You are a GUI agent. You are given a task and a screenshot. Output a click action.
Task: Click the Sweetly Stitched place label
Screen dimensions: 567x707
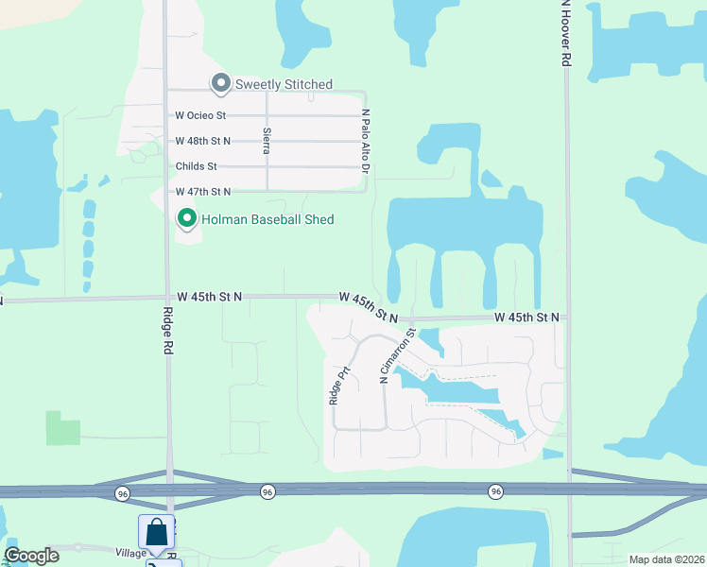[x=284, y=84]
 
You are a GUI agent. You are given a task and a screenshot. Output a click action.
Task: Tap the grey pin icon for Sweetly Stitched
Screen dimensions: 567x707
[x=221, y=84]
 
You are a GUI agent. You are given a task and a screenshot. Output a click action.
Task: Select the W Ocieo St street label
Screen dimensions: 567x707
[x=200, y=115]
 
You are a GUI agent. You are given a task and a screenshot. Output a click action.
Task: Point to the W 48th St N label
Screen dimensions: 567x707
[x=202, y=141]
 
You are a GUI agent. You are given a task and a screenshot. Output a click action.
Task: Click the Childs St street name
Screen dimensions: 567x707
[x=196, y=166]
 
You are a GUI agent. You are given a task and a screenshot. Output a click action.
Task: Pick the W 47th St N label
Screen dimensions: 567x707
[x=202, y=192]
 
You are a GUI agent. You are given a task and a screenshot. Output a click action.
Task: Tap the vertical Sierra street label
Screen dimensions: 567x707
[x=267, y=140]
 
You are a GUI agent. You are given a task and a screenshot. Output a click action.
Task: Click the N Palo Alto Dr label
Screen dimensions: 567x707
[x=365, y=142]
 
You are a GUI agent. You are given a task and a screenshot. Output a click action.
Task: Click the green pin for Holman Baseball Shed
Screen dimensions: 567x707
[x=187, y=219]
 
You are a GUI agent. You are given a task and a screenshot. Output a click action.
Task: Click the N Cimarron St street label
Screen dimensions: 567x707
[x=398, y=355]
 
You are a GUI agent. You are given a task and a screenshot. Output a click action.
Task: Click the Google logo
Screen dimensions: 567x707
[x=31, y=556]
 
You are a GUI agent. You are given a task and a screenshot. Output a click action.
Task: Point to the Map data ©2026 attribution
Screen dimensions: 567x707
[x=665, y=559]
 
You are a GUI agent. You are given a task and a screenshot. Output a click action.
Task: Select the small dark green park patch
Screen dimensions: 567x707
[x=63, y=428]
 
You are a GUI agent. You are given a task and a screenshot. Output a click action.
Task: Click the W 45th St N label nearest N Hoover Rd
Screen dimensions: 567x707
[x=526, y=318]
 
